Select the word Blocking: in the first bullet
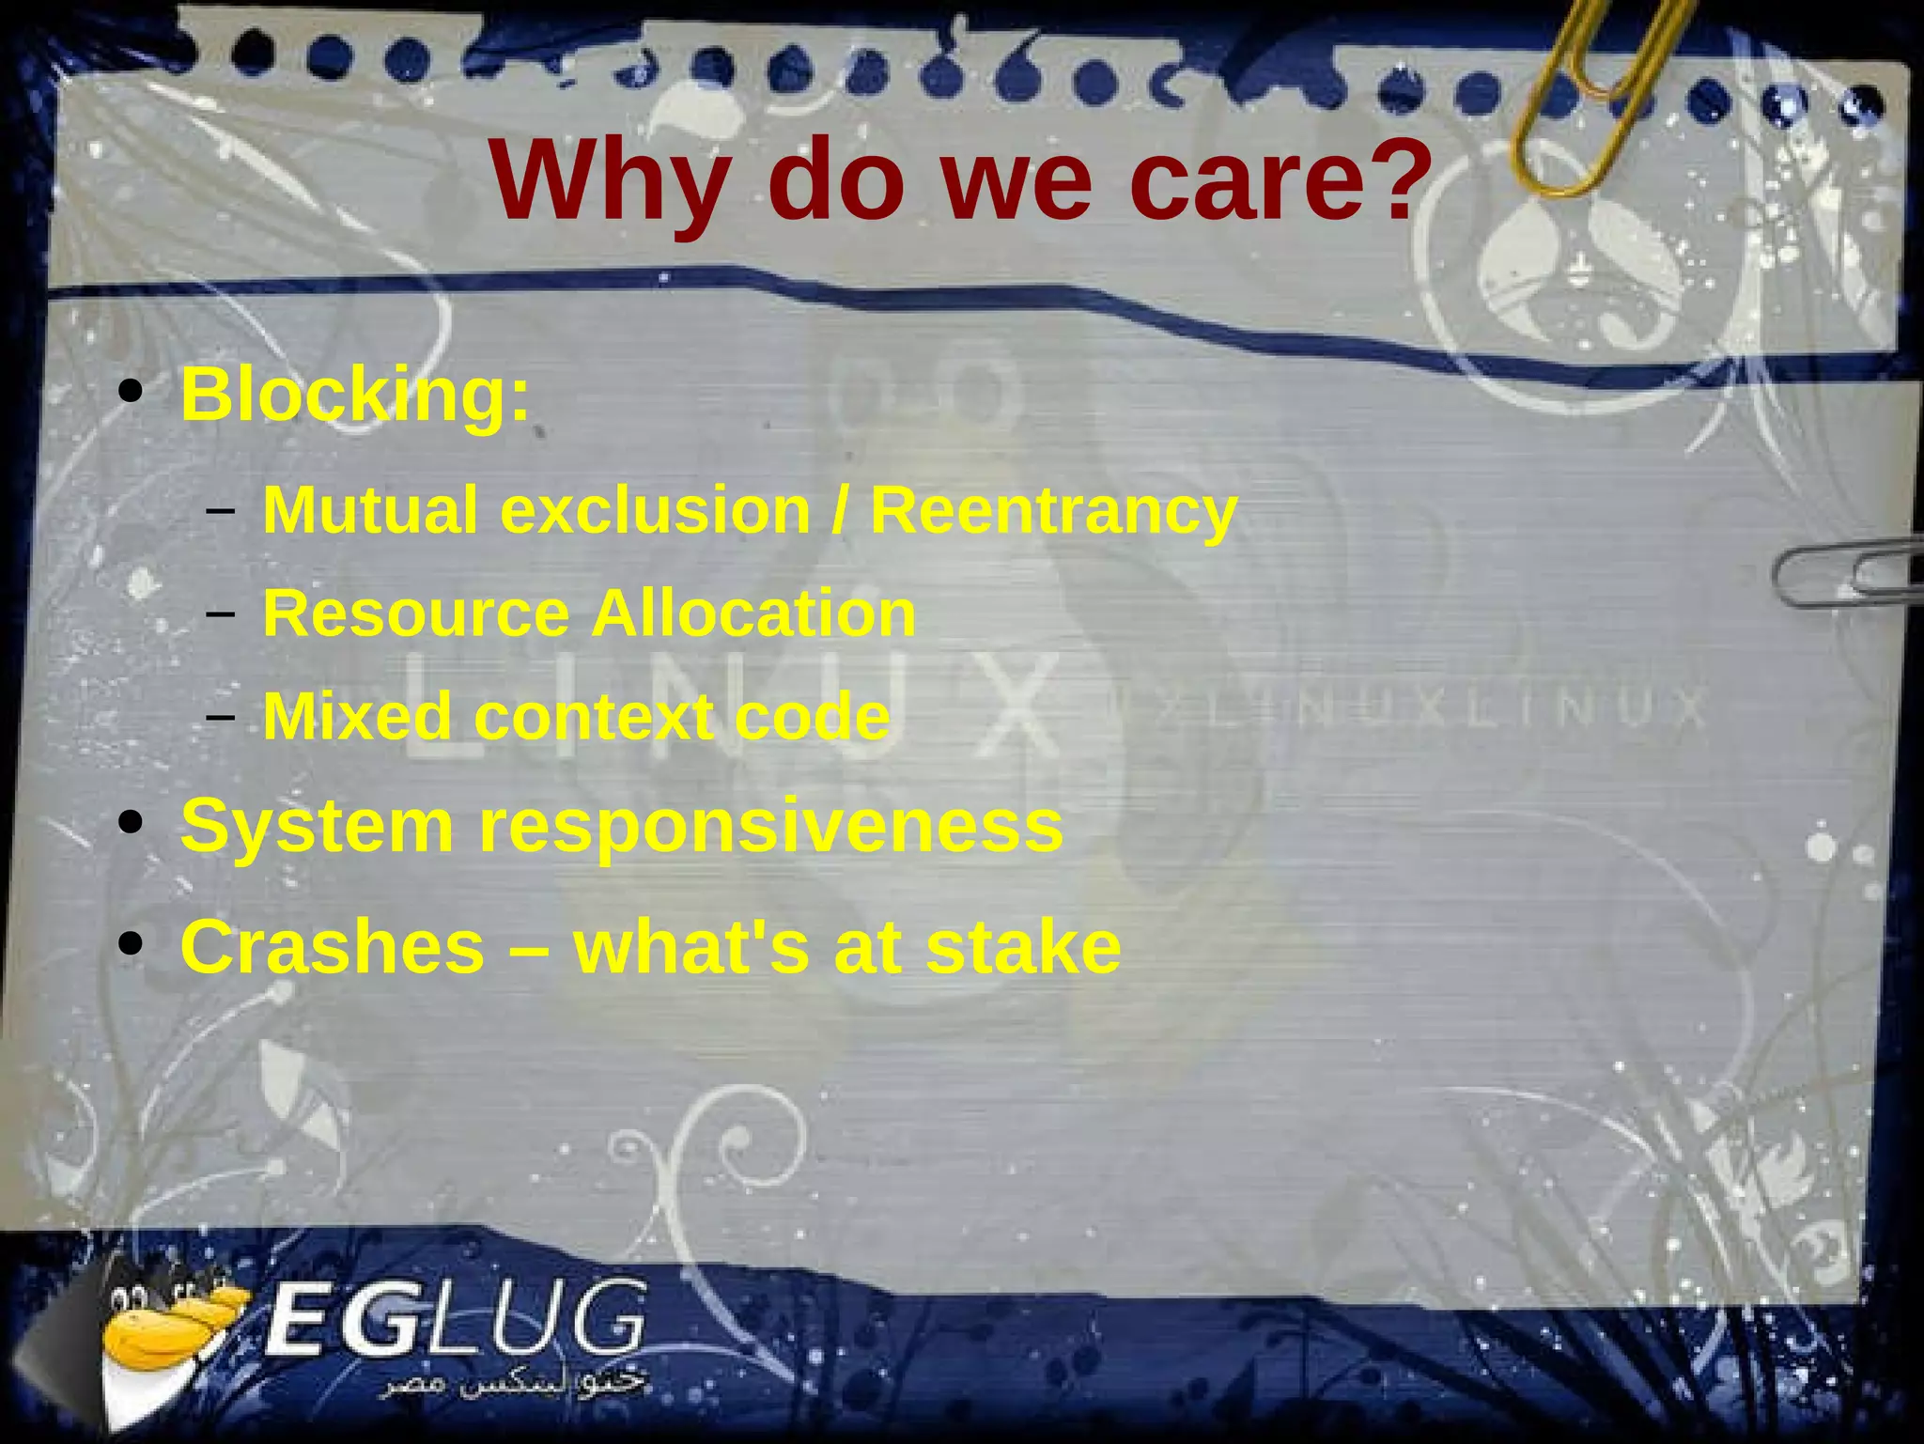coord(355,396)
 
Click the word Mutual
coord(370,510)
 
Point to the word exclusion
coord(656,510)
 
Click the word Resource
coord(416,613)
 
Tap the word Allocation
coord(753,613)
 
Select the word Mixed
coord(358,717)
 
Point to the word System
coord(318,827)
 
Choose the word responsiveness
coord(770,827)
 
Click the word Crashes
coord(333,946)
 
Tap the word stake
coord(1023,946)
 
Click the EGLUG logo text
coord(456,1320)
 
